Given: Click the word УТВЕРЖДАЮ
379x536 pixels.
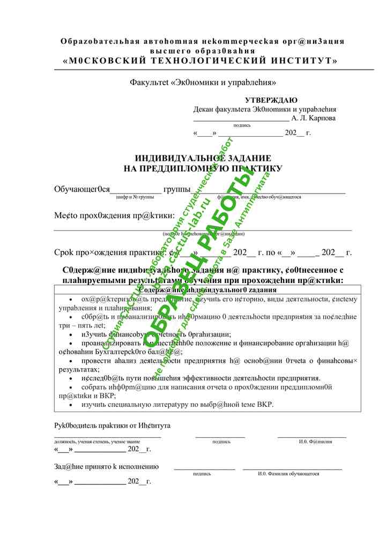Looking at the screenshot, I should point(271,100).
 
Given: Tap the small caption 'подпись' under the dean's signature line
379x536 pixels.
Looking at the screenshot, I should point(242,125).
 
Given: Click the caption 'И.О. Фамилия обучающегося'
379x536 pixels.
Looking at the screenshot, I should point(288,474).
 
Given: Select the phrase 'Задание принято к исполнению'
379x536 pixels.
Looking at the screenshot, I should point(106,467).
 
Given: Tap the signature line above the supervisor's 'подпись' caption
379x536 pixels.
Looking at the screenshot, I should point(220,437).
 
